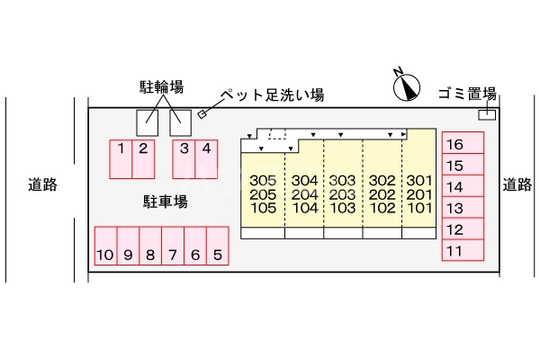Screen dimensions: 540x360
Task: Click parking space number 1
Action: [x=121, y=159]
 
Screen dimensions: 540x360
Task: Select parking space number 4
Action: [x=206, y=159]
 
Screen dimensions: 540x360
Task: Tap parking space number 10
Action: [x=105, y=246]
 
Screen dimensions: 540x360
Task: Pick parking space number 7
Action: [x=173, y=246]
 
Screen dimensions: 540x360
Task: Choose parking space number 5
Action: [x=218, y=246]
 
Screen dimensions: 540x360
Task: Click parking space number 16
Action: [x=463, y=142]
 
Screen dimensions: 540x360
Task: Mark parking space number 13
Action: [x=463, y=207]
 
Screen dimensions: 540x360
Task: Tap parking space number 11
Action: [x=463, y=250]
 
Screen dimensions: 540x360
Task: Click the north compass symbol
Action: [x=407, y=86]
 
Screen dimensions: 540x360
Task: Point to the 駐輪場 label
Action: [x=161, y=86]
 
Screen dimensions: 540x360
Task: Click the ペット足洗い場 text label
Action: [x=272, y=94]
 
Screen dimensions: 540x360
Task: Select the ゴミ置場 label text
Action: [x=467, y=94]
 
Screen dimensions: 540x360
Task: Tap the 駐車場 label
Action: [x=166, y=202]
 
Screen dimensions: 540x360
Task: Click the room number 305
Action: [x=263, y=180]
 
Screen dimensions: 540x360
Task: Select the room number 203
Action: [x=342, y=194]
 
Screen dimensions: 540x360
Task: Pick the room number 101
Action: [x=419, y=208]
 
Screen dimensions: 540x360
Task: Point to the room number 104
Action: [x=305, y=208]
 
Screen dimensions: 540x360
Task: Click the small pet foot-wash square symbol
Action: [x=202, y=114]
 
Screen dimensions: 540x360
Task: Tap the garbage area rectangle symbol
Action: [x=487, y=114]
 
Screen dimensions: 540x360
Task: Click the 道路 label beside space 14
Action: [x=517, y=184]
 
